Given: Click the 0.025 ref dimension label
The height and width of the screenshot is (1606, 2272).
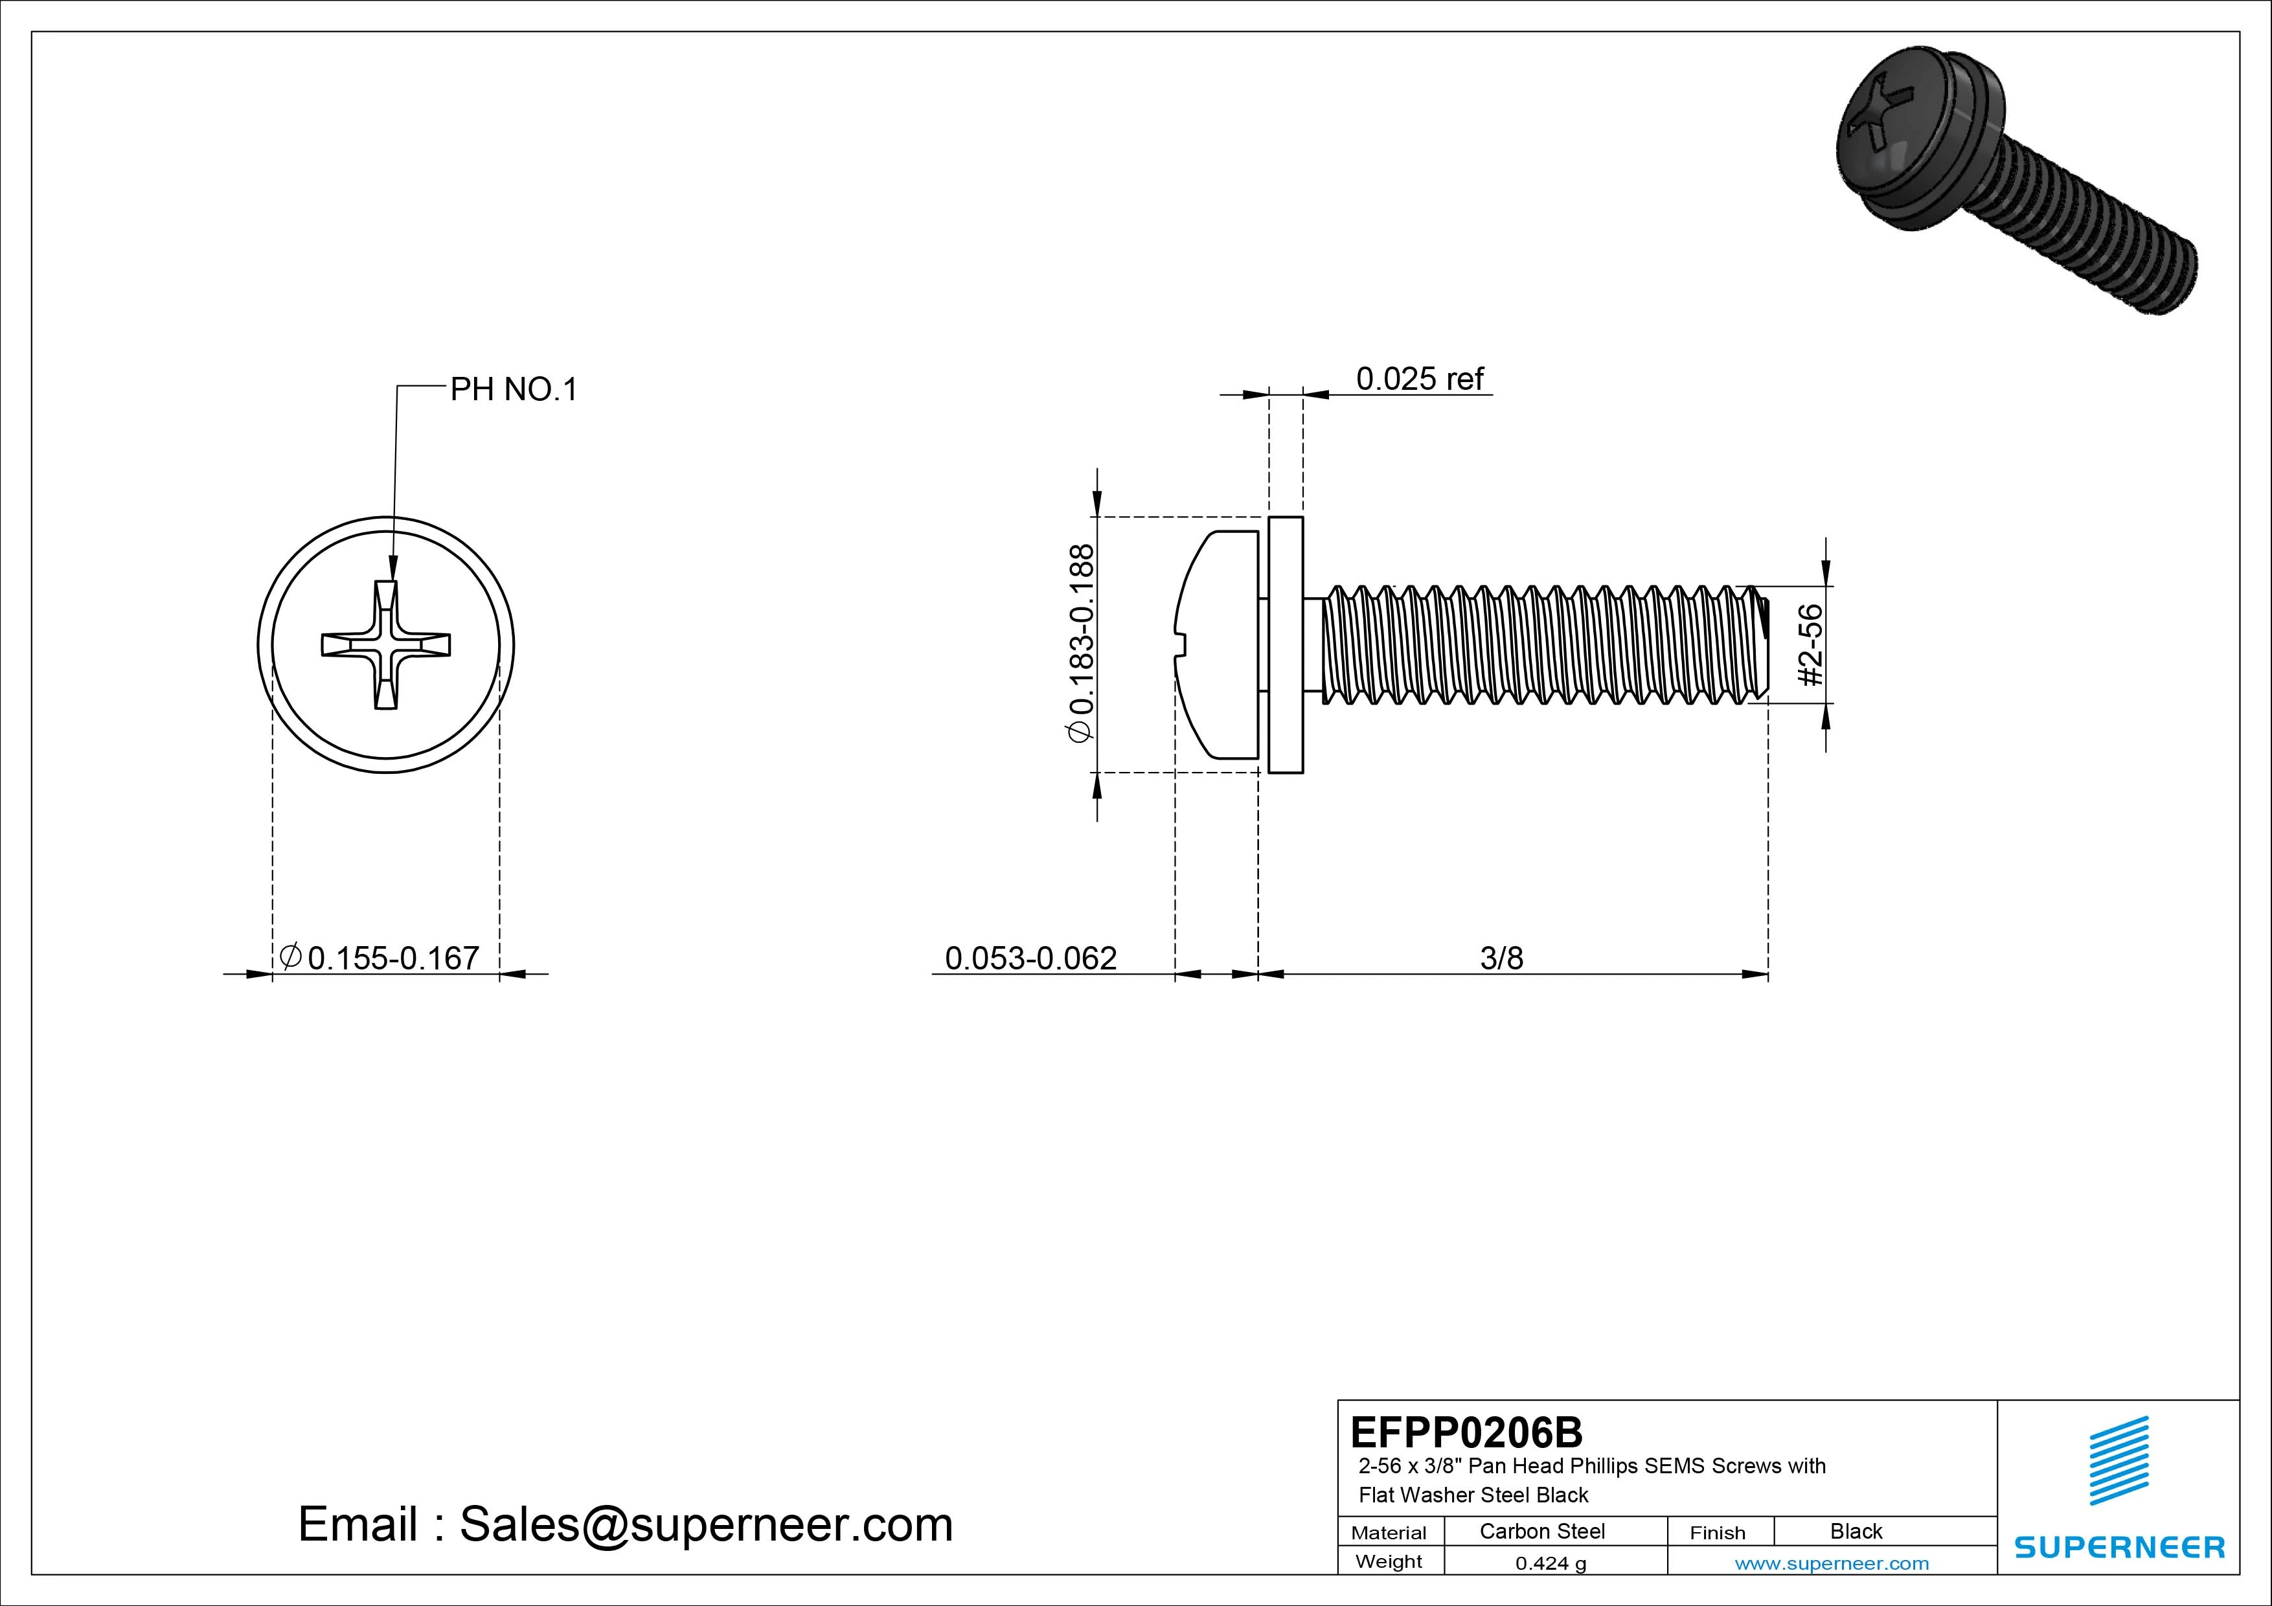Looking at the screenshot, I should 1419,379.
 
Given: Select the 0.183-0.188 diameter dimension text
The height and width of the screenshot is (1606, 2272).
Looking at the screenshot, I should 1082,642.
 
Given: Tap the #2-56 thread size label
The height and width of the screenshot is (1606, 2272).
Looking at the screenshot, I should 1810,645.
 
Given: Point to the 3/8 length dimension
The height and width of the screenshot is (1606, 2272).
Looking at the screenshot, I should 1501,958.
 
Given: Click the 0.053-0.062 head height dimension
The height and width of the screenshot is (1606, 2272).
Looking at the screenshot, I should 1030,958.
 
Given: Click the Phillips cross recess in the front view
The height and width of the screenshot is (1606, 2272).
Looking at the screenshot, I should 386,645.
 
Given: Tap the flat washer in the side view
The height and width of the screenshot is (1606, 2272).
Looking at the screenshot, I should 1286,644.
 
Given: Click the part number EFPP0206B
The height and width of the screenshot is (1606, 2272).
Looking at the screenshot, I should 1466,1432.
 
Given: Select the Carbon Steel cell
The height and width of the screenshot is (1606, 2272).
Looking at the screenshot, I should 1541,1531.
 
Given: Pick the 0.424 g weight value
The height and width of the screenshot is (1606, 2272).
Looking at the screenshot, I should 1550,1563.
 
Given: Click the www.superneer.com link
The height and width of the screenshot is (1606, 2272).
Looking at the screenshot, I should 1832,1563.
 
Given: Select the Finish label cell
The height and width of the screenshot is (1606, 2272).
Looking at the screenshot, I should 1717,1532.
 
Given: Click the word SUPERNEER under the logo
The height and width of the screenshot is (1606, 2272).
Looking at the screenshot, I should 2119,1546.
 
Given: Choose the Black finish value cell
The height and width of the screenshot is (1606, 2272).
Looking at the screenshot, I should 1856,1531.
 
